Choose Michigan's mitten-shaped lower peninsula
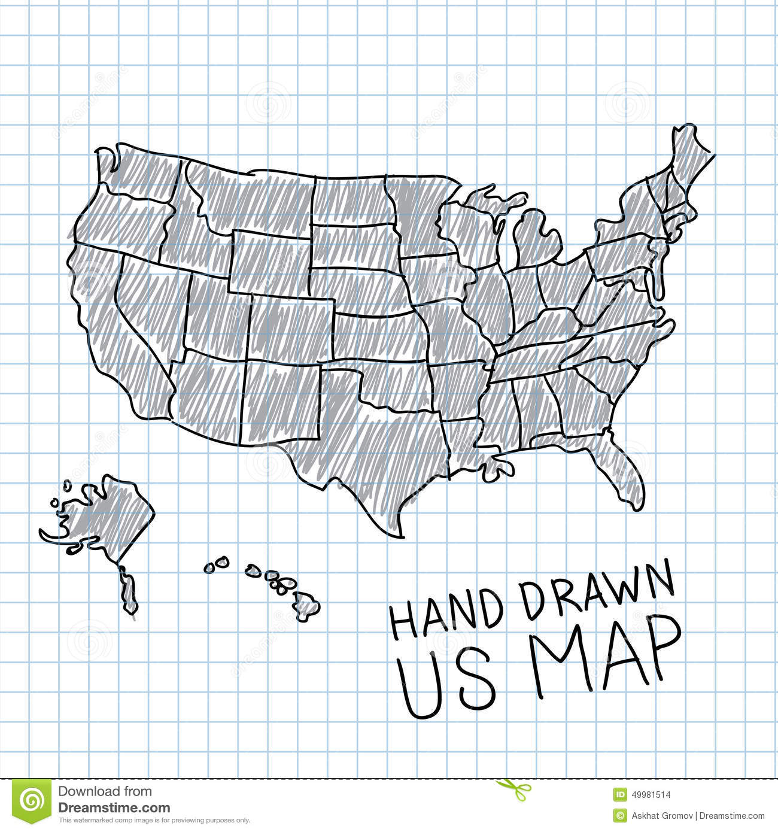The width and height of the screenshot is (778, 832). (536, 239)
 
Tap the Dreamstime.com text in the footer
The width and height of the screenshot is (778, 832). (114, 808)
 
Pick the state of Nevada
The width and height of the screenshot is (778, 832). (150, 305)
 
